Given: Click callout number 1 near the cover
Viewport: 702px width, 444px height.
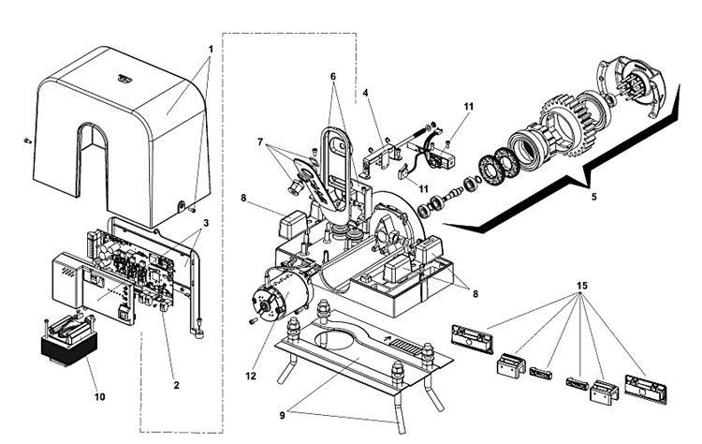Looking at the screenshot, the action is [211, 50].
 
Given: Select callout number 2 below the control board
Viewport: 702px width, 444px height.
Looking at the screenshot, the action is [176, 385].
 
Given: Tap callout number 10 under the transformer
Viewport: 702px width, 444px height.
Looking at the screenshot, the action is [99, 396].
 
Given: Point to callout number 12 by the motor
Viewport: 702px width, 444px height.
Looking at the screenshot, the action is [251, 376].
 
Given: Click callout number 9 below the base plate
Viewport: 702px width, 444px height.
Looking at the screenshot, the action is [282, 415].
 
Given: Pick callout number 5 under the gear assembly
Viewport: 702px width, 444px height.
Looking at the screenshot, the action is [594, 196].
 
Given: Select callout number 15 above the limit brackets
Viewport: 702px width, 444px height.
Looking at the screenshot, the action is [582, 286].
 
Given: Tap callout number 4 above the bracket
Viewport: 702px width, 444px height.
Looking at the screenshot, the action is [365, 93].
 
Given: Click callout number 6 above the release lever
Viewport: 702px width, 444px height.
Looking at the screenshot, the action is [333, 77].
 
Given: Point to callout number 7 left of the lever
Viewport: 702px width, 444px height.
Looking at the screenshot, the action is [260, 142].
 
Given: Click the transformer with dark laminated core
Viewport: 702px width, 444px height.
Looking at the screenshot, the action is [69, 342].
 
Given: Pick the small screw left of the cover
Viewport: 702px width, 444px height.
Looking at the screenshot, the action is [26, 141].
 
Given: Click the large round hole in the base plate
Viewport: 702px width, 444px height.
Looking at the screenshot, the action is [337, 339].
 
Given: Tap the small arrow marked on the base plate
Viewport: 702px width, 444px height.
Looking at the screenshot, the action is [386, 340].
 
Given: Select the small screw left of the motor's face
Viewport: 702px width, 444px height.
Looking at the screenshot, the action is [253, 320].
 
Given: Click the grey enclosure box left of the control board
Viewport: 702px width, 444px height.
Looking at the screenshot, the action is [67, 280].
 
